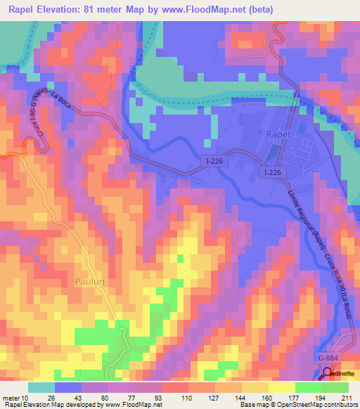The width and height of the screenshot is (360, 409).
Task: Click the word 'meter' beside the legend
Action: (x=11, y=398)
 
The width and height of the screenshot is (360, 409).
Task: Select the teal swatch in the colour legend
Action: (x=41, y=387)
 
